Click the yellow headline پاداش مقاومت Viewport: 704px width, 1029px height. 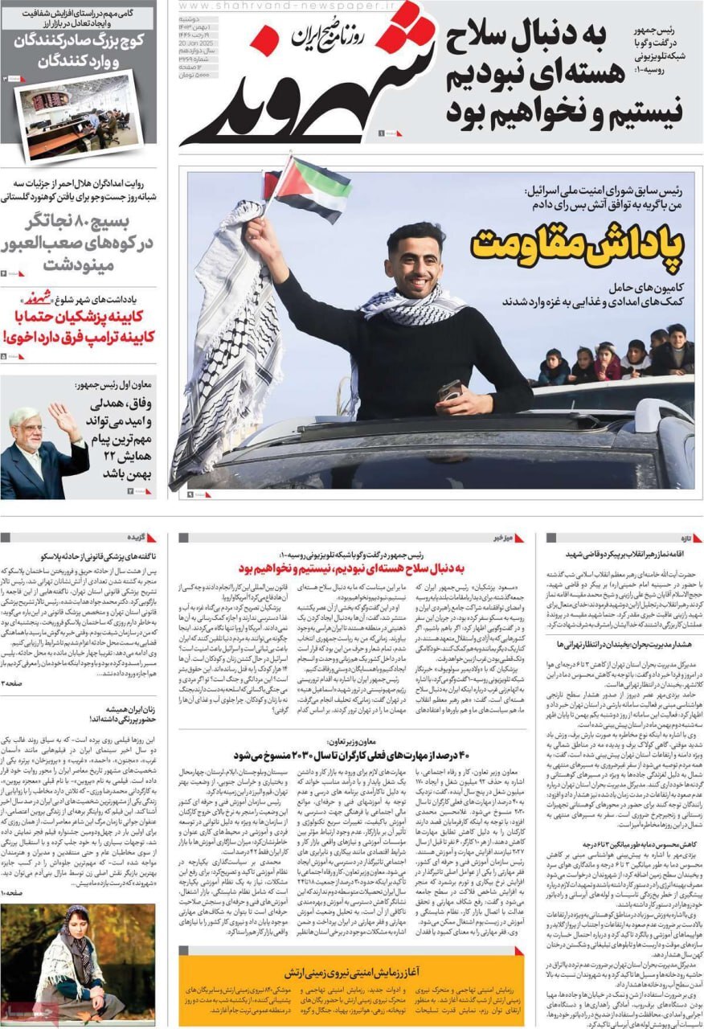pos(577,244)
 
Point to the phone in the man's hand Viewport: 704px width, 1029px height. pos(450,391)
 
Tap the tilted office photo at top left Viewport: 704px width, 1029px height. pos(78,115)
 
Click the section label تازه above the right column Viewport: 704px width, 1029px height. pos(680,538)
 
